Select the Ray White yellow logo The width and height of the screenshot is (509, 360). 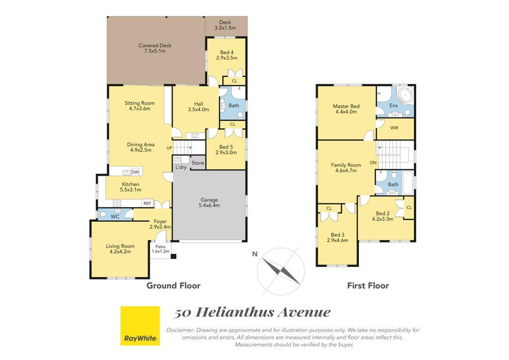point(140,326)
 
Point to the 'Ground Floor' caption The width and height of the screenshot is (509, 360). point(173,285)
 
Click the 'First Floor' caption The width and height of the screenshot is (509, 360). point(368,285)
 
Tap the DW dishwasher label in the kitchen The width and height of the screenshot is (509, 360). point(135,172)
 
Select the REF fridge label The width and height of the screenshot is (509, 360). point(147,203)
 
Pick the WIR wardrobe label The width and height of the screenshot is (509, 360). point(394,128)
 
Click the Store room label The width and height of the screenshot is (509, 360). point(198,163)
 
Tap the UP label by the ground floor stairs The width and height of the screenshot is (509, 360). point(169,148)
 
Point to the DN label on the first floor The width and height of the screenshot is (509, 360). point(373,163)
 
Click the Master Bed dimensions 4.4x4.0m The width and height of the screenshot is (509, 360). point(346,112)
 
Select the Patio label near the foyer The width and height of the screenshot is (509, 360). point(161,247)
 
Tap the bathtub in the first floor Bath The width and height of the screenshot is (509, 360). point(408,182)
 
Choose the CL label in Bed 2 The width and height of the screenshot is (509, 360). point(409,207)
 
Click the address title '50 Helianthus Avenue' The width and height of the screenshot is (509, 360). point(252,312)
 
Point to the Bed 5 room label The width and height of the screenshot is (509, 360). point(226,147)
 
